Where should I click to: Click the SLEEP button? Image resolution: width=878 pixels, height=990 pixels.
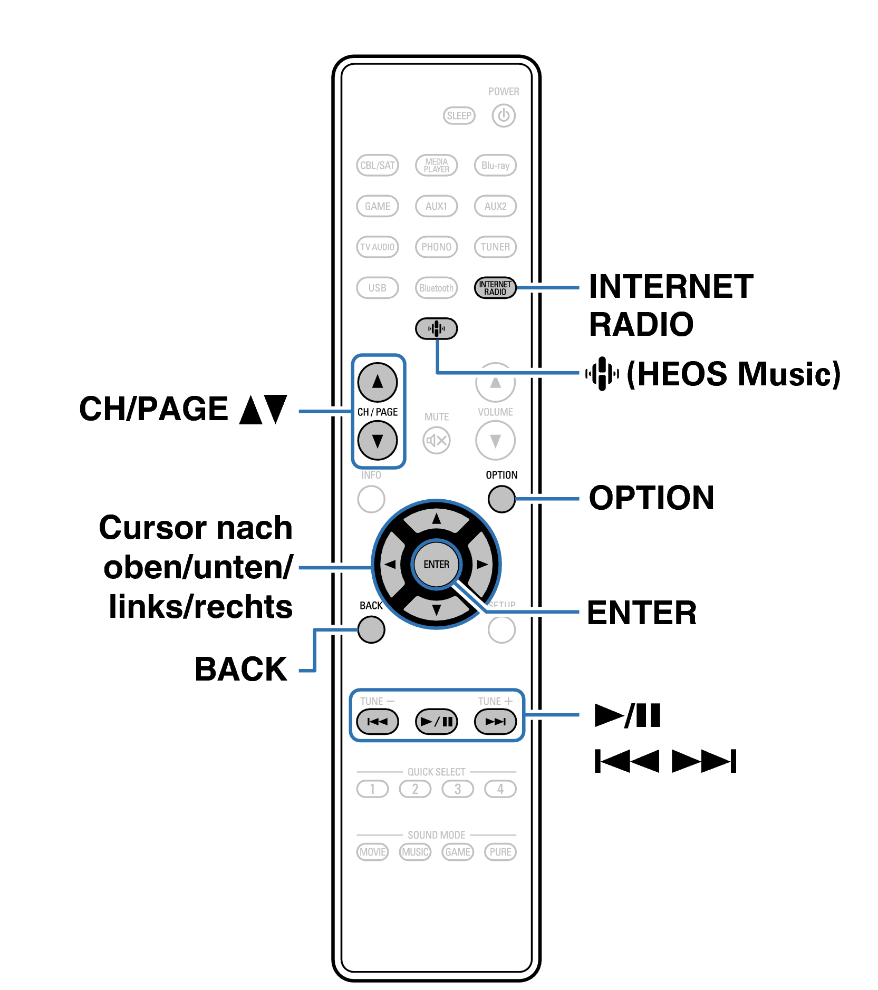point(459,115)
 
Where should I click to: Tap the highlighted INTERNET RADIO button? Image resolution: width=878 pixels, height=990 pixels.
point(495,288)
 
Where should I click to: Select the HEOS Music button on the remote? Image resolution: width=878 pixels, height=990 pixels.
point(436,328)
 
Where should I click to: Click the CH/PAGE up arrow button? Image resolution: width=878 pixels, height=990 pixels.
point(377,382)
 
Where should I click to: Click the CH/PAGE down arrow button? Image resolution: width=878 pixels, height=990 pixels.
point(377,440)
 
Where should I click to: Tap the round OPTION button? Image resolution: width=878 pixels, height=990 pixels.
point(501,499)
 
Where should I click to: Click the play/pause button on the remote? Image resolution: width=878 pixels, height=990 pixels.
point(436,721)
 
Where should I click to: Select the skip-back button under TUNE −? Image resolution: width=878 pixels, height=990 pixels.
point(377,721)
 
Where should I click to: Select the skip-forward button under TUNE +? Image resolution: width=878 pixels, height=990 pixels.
point(495,721)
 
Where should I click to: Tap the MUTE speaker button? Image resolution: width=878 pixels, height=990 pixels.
point(436,440)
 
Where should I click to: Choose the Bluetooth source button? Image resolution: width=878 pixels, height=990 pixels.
point(436,288)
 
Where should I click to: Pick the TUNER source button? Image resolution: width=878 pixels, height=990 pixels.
point(495,247)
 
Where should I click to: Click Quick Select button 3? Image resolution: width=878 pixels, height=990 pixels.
point(457,789)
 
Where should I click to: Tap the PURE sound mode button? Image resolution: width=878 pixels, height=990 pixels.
point(500,852)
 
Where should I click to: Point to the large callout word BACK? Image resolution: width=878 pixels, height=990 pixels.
point(241,669)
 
